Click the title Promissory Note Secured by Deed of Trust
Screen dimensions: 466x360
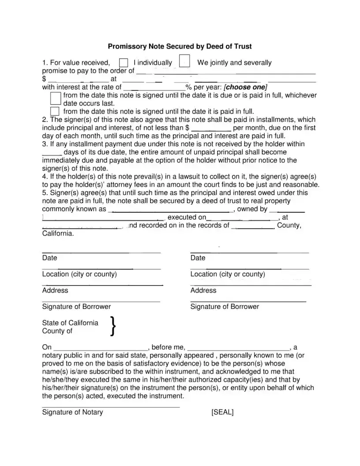point(180,46)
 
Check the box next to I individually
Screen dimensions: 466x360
point(124,63)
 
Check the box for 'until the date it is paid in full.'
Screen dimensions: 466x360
point(55,111)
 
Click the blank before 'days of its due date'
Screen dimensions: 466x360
point(49,152)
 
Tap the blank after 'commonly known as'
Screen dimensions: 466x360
point(172,210)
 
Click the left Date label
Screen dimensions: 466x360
point(49,258)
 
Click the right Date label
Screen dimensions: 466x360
point(198,258)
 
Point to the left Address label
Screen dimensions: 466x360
point(55,290)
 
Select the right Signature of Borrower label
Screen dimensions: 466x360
point(225,307)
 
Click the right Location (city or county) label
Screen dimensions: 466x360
point(228,274)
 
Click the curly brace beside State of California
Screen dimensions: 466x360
point(113,327)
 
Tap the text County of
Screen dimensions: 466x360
point(57,331)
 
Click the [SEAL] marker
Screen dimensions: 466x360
point(222,412)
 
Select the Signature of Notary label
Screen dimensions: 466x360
point(72,412)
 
